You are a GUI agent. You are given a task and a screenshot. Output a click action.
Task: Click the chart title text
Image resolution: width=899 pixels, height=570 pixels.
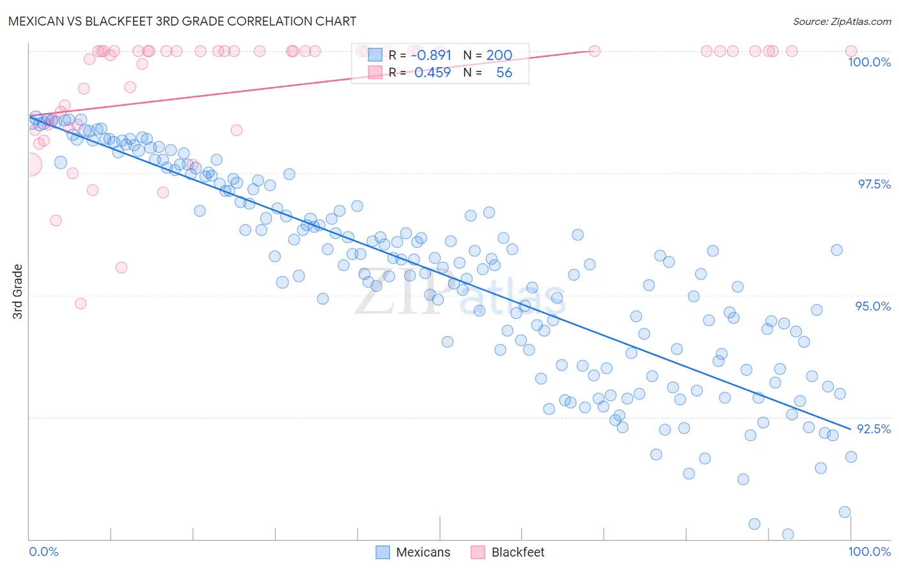pos(182,21)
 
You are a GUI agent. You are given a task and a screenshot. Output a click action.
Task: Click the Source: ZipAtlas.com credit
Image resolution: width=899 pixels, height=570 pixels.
pos(841,21)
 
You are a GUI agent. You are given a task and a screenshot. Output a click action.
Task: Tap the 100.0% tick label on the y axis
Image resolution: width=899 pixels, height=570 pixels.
pos(869,62)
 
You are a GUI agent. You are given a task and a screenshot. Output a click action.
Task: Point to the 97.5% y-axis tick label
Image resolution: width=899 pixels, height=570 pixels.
pos(873,184)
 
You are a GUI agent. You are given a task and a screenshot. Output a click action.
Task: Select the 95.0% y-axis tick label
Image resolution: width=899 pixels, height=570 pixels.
pos(873,306)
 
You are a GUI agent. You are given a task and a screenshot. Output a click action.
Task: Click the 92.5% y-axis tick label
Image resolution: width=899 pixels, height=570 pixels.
pos(873,429)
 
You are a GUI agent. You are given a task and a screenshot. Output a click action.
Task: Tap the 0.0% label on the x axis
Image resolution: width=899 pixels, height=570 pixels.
pos(43,551)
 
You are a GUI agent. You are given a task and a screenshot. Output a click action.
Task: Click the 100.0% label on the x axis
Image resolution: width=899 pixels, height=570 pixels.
pos(869,551)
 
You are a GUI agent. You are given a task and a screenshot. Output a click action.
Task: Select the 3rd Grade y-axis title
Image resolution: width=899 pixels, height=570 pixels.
pos(18,291)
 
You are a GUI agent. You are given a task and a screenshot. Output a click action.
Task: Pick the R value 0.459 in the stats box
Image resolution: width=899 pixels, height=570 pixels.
pos(432,72)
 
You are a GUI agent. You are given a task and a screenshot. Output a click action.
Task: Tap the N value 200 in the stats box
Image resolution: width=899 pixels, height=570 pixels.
pos(499,55)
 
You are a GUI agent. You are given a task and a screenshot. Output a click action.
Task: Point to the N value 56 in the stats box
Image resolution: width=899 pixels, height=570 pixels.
pos(504,72)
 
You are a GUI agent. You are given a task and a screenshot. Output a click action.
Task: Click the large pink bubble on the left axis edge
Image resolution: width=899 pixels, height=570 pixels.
pos(29,165)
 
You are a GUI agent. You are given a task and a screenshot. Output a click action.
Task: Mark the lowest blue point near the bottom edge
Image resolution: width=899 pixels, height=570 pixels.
pos(788,534)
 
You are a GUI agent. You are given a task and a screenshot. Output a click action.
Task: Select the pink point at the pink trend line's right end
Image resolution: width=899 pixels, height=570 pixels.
pos(594,51)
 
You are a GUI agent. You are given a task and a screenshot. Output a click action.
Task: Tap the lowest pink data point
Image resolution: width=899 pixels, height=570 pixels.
pos(81,303)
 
